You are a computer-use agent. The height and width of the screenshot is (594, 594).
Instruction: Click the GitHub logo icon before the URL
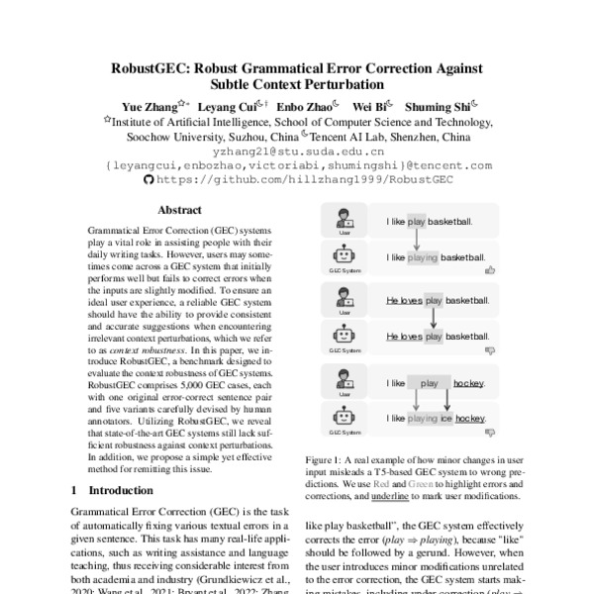[149, 180]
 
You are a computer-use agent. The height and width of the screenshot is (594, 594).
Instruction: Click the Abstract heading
[179, 211]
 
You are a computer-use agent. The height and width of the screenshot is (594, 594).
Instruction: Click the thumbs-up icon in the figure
[490, 268]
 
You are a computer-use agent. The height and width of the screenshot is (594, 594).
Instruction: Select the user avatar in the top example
[346, 219]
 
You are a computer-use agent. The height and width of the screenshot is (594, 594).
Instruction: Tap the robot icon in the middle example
[346, 337]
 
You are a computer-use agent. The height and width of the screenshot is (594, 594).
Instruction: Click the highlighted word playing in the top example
[422, 257]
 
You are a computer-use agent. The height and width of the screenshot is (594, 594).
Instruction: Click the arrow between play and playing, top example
[417, 239]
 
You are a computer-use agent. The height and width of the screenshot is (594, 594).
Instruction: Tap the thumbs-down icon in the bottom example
[490, 432]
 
